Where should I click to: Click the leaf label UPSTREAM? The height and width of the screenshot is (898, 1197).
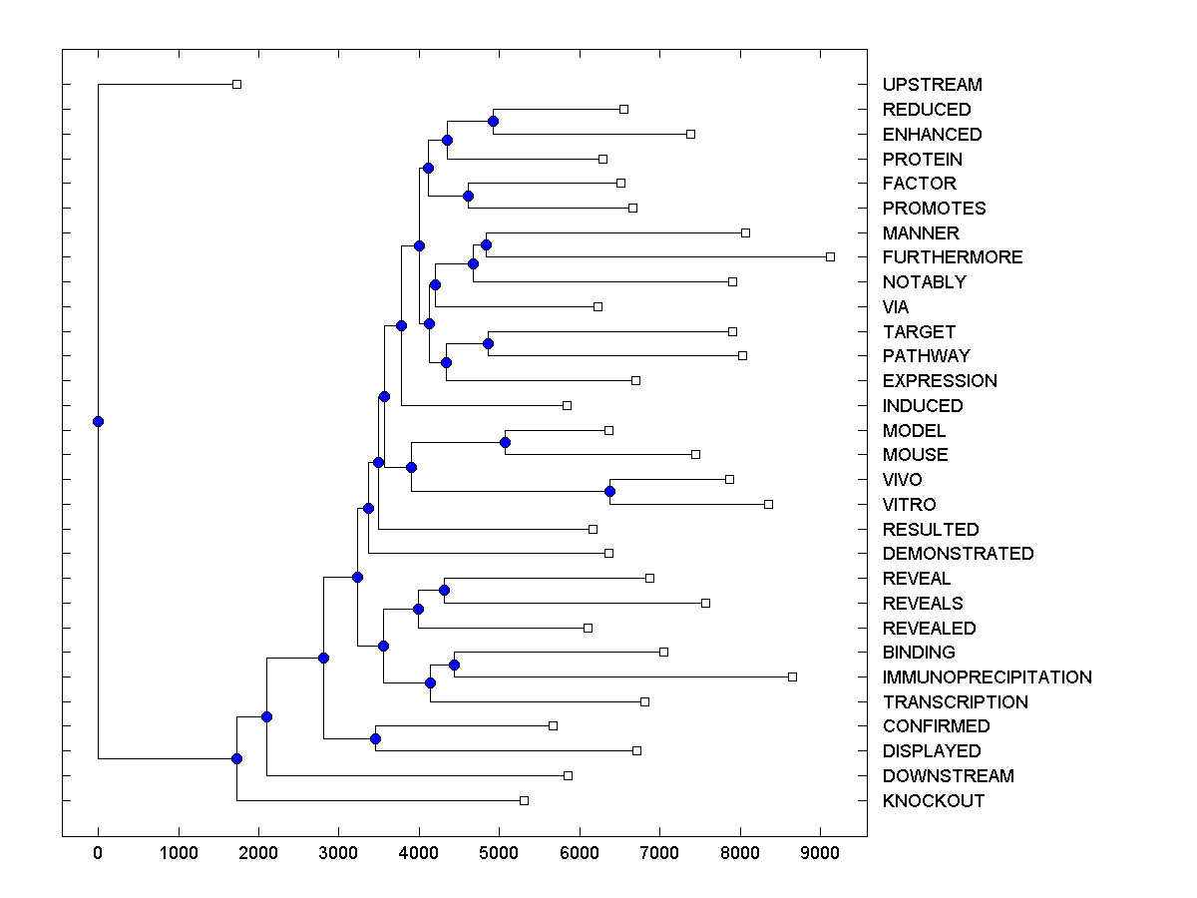click(x=932, y=85)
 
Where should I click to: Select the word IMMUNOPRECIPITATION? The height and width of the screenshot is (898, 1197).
click(x=987, y=677)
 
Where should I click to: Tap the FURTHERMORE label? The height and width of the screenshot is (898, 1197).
click(x=952, y=257)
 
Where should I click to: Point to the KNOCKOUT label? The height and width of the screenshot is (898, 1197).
click(x=933, y=801)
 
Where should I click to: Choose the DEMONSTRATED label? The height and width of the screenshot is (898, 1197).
click(x=958, y=554)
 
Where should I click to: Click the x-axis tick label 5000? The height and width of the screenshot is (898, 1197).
click(x=500, y=853)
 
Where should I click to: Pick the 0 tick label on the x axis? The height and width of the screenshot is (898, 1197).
click(x=98, y=853)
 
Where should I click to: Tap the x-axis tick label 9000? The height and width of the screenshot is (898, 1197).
click(x=821, y=853)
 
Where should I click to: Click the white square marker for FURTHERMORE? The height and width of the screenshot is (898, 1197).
click(x=830, y=257)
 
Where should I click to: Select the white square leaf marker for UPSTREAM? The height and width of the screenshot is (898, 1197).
click(x=236, y=85)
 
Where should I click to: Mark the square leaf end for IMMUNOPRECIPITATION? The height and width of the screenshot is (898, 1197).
click(x=792, y=677)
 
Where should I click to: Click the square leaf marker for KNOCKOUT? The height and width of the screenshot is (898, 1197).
click(x=524, y=801)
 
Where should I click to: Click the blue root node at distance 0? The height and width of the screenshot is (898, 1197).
click(x=98, y=421)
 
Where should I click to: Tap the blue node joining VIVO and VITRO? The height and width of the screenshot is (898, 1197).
click(x=609, y=491)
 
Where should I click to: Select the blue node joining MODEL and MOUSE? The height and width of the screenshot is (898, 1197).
click(x=505, y=442)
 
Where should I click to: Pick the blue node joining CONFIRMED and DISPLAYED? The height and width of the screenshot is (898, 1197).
click(x=375, y=738)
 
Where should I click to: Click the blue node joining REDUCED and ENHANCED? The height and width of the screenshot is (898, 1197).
click(x=493, y=121)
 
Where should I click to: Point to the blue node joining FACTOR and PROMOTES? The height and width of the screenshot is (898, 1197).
click(x=468, y=196)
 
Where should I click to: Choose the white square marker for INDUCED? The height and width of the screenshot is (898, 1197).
click(x=567, y=405)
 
